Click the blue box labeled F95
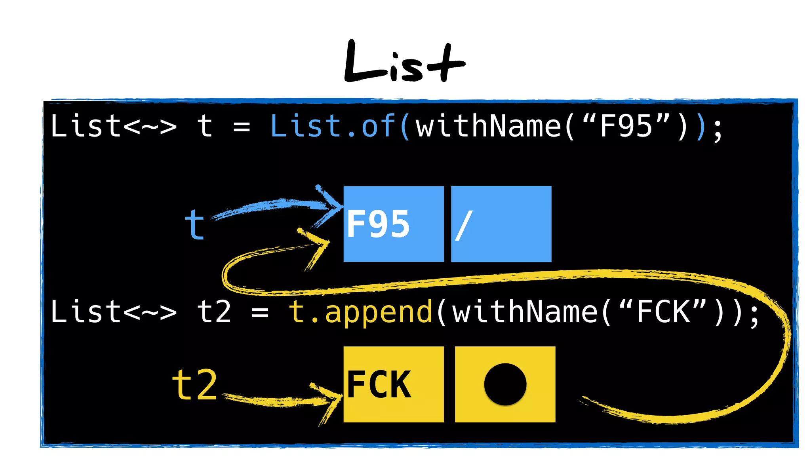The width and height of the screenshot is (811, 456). [393, 224]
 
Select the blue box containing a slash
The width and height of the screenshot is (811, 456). [501, 224]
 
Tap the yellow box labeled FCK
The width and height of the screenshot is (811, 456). [393, 384]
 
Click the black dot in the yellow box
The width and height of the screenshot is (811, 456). [505, 384]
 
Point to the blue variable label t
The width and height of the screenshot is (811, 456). [194, 225]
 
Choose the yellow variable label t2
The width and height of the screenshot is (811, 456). [194, 385]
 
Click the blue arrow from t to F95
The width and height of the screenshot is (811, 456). [277, 206]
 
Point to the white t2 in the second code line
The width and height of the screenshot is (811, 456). [214, 312]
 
